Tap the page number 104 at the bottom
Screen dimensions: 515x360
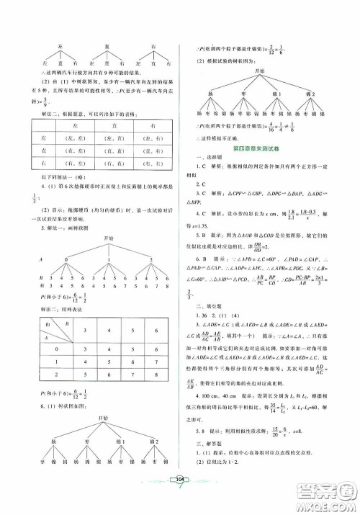(181, 496)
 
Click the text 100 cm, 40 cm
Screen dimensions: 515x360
(219, 387)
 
